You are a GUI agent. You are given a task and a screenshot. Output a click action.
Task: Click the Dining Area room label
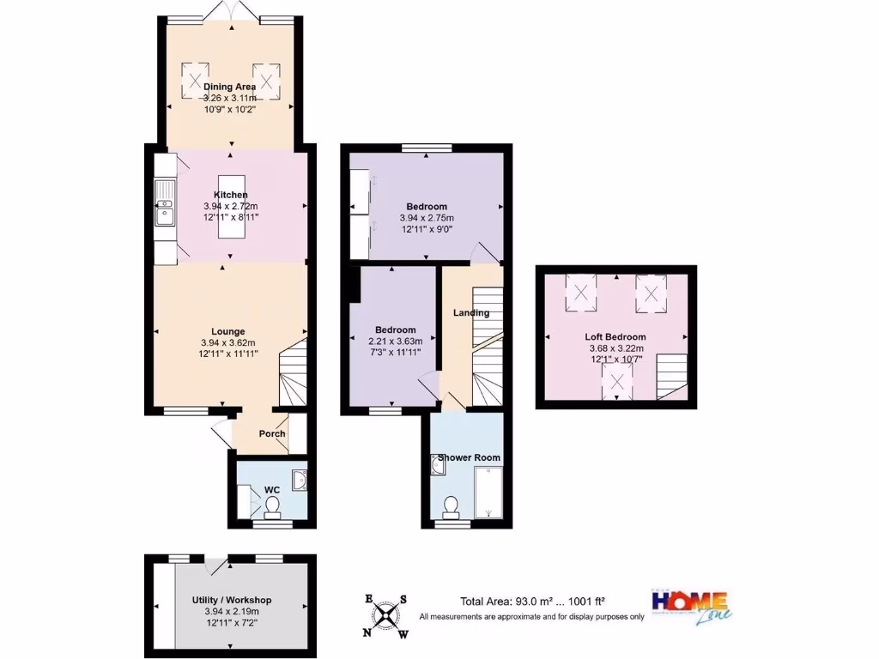[x=229, y=87]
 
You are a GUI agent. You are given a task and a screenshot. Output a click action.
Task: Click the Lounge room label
[x=228, y=331]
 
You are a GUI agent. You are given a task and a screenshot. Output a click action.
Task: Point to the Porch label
[x=272, y=433]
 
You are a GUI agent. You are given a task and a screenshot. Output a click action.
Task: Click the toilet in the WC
[x=273, y=511]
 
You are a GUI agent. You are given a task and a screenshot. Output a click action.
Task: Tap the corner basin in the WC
[x=300, y=481]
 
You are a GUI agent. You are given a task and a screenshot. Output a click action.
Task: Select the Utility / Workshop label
[x=231, y=600]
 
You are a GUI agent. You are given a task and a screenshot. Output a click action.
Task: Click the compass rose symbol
[x=387, y=614]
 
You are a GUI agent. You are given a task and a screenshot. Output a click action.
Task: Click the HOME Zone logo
[x=691, y=605]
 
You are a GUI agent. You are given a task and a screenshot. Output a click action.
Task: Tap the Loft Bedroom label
[x=616, y=337]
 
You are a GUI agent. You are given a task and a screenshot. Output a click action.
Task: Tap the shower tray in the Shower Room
[x=488, y=493]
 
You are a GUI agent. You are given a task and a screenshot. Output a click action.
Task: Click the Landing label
[x=471, y=312]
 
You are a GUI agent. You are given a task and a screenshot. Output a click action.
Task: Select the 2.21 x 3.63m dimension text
[x=396, y=341]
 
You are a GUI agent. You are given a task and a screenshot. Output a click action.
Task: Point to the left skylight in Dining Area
[x=195, y=82]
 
